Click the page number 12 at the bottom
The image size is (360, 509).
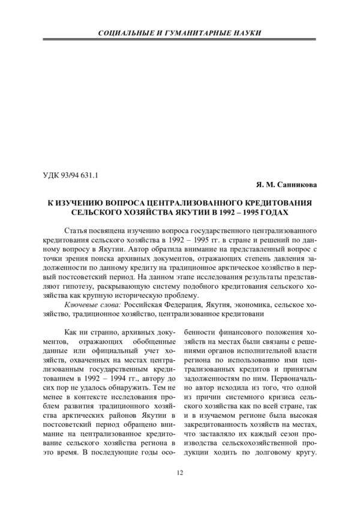(x=179, y=474)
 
